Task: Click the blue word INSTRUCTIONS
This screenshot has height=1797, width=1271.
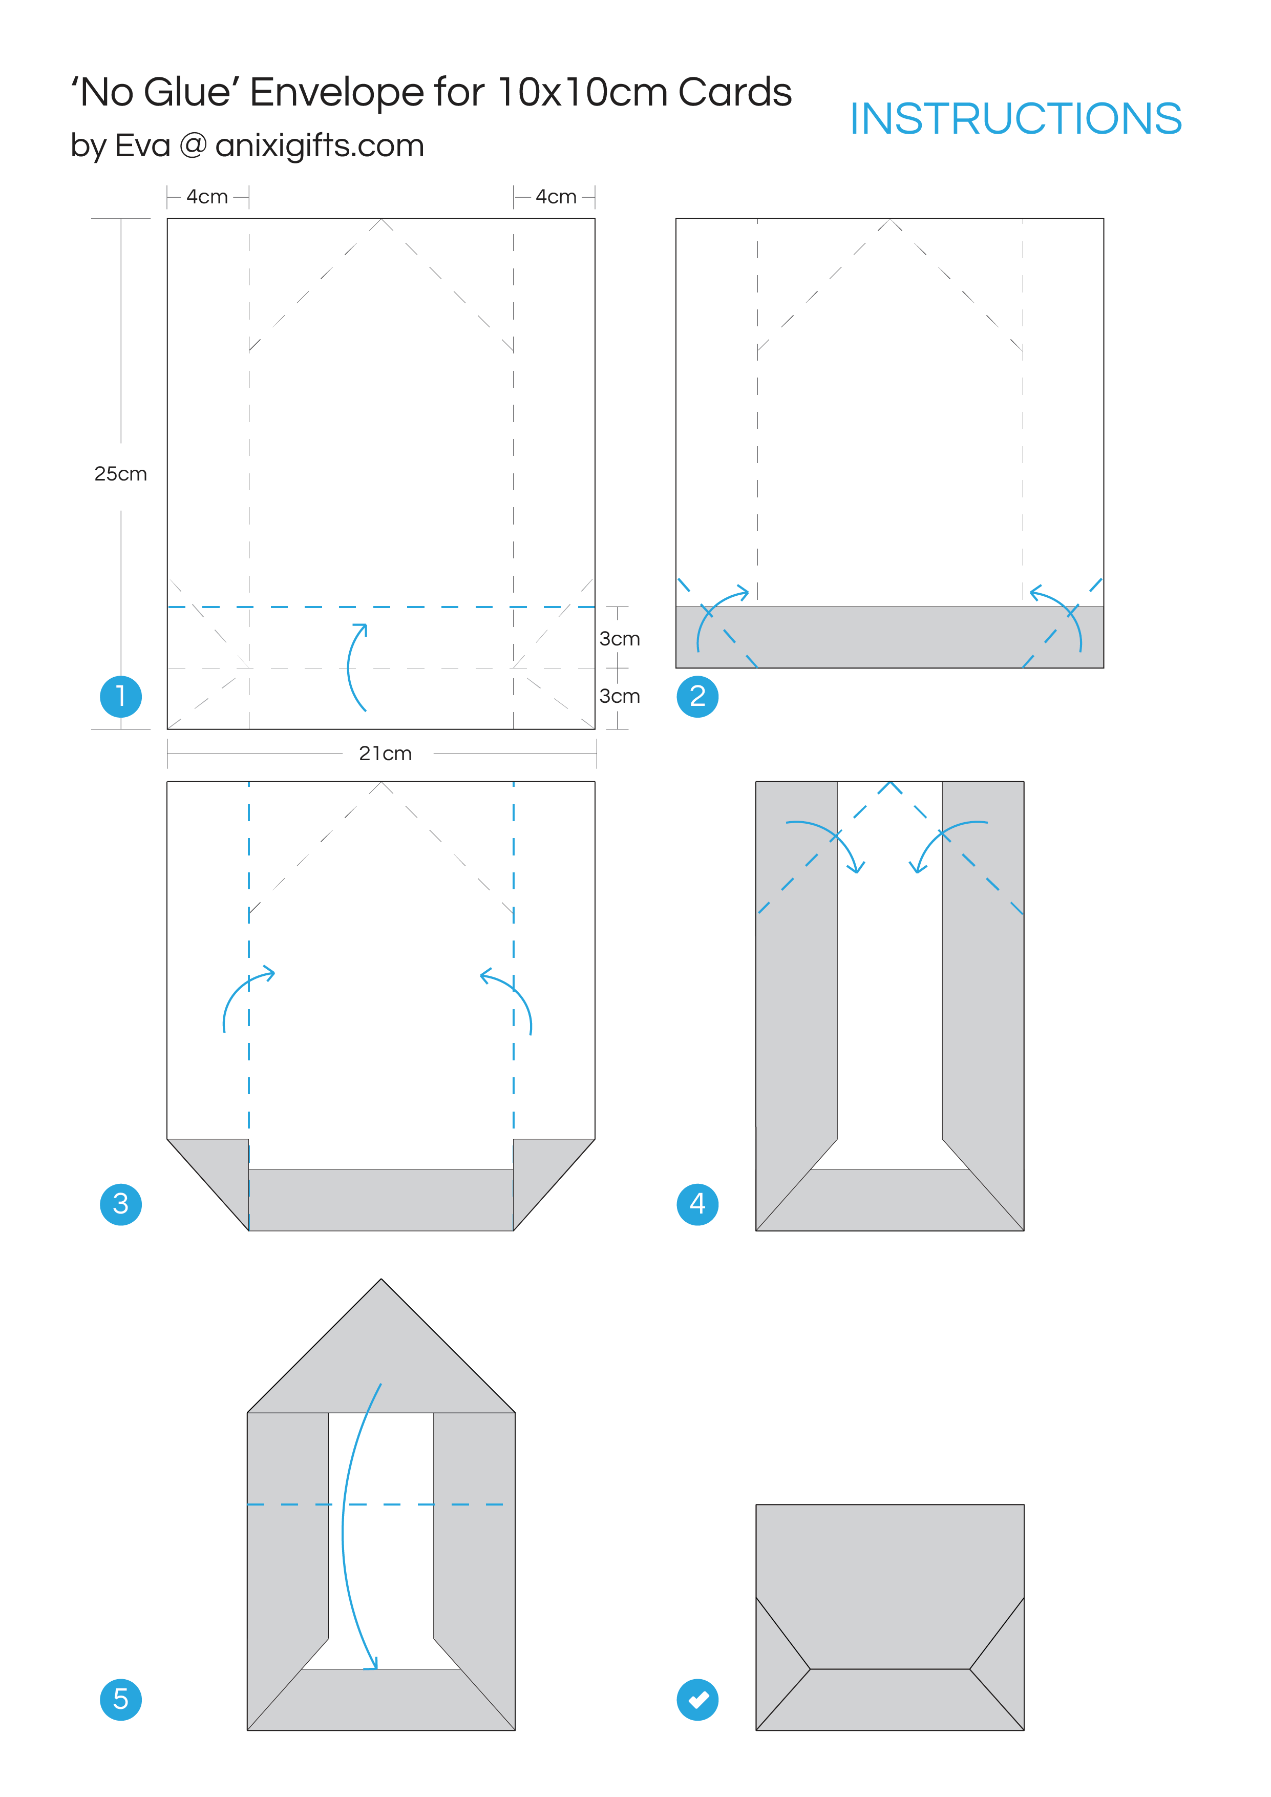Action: tap(1015, 119)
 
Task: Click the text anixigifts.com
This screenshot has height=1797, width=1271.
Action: tap(320, 145)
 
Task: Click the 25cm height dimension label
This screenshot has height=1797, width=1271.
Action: tap(120, 473)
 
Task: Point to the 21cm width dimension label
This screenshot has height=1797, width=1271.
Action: tap(385, 753)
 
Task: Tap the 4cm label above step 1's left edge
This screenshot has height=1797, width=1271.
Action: tap(207, 196)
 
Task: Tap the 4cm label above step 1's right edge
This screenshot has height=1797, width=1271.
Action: tap(556, 196)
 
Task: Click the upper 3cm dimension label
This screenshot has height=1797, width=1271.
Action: tap(619, 639)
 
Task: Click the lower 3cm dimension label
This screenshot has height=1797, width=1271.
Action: tap(619, 696)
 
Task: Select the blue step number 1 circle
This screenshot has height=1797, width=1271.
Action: tap(120, 696)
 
